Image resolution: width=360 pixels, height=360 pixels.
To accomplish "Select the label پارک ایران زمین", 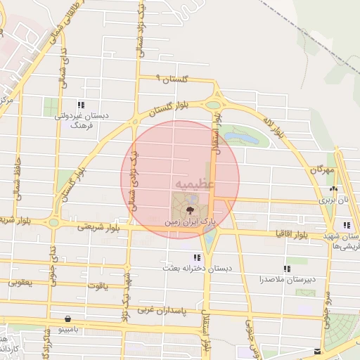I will (x=189, y=221).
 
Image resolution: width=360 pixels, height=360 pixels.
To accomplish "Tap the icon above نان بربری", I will (x=333, y=189).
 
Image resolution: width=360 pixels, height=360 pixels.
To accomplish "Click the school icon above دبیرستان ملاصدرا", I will (x=289, y=269).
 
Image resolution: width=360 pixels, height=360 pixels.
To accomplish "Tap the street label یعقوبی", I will (x=19, y=283).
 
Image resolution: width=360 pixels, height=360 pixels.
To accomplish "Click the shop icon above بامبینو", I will (x=67, y=318).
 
